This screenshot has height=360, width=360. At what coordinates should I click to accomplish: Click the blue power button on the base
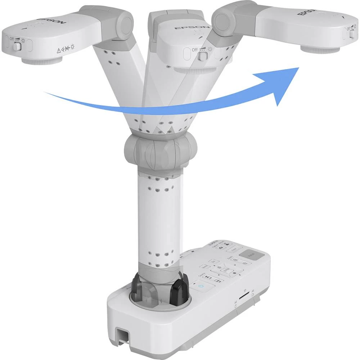click(x=201, y=287)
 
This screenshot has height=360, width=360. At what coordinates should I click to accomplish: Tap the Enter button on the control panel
click(x=225, y=269)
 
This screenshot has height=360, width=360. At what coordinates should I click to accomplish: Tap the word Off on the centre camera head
click(x=194, y=50)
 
